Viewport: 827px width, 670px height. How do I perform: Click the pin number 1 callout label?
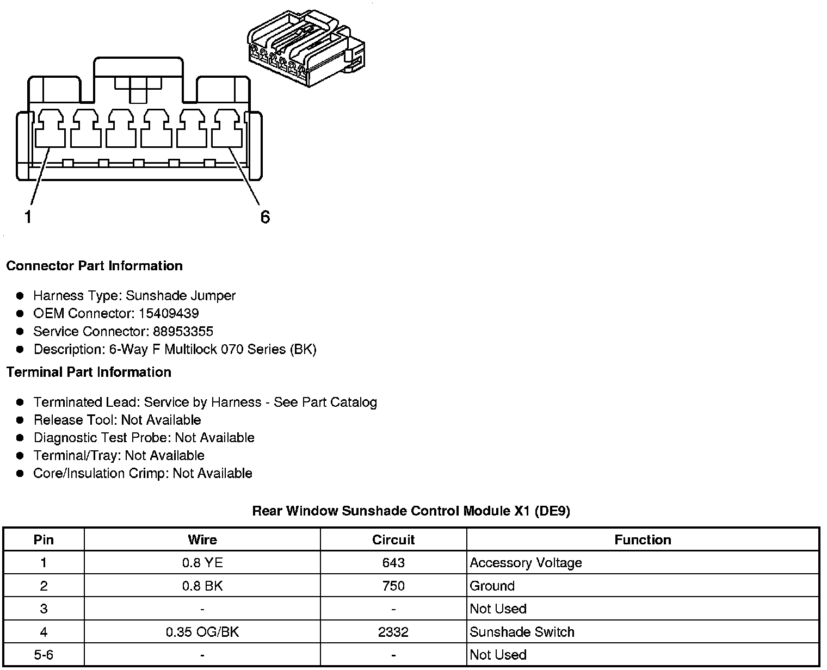coord(27,217)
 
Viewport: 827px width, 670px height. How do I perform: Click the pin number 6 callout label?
coord(265,217)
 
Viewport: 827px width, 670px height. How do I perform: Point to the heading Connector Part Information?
coord(94,266)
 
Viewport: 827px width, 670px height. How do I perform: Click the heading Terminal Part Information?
coord(89,373)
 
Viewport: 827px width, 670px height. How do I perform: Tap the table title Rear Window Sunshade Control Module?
coord(411,511)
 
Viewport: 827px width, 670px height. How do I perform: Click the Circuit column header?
coord(393,540)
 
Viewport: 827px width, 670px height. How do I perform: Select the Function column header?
coord(643,540)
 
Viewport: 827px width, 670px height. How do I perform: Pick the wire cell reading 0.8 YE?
coord(202,563)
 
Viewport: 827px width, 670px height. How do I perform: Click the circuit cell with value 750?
coord(393,586)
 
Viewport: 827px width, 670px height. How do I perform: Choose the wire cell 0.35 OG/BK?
coord(202,632)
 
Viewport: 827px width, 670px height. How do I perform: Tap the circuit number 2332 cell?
coord(393,632)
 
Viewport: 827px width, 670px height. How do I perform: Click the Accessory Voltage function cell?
coord(526,563)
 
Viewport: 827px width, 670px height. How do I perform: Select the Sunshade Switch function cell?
coord(522,632)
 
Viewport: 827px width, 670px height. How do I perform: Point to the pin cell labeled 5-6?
coord(44,655)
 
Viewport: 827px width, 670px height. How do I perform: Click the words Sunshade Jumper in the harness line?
coord(181,296)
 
